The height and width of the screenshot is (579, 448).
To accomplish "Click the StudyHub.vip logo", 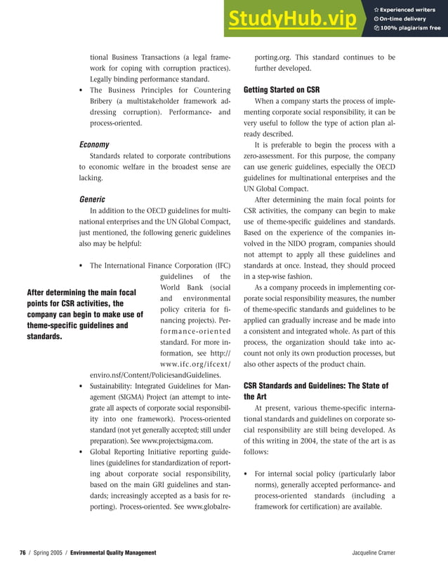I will click(291, 20).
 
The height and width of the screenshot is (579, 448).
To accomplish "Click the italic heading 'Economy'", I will click(93, 144).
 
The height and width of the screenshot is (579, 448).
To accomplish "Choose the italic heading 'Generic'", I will click(92, 199).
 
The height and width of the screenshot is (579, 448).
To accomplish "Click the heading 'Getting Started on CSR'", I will click(281, 90).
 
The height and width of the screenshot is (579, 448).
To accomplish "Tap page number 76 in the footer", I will click(22, 553).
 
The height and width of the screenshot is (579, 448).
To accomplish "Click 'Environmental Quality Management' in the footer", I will click(113, 553).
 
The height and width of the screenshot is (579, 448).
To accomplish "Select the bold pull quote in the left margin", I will click(84, 314).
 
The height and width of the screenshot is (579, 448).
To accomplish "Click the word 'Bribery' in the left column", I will click(104, 101).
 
